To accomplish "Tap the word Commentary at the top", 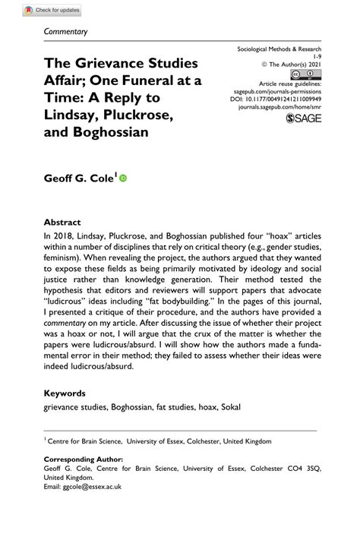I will tap(66, 32).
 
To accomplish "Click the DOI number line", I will tap(275, 98).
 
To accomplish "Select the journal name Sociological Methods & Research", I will tap(279, 47).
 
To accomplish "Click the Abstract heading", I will tap(62, 223).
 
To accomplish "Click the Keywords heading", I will tap(65, 393).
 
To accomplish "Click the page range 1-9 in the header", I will tap(317, 55).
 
